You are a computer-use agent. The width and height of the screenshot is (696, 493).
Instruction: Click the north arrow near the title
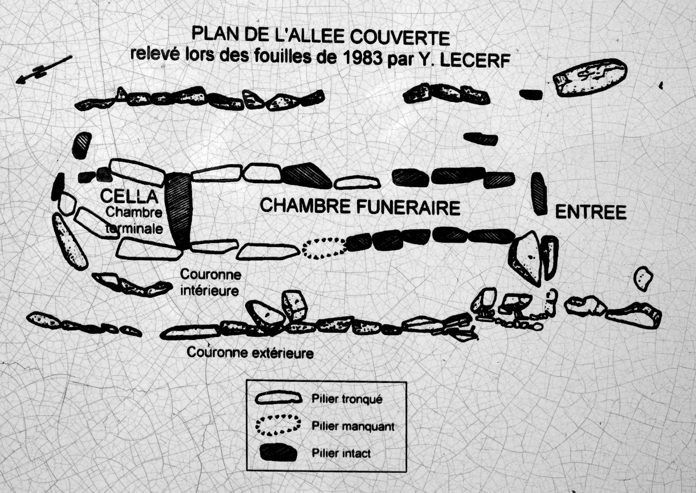[44, 69]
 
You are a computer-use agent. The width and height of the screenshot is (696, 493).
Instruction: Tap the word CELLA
[129, 196]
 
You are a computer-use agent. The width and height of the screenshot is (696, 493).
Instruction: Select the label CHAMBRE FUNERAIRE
[360, 207]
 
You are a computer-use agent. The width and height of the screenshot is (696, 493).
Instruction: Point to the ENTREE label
[590, 213]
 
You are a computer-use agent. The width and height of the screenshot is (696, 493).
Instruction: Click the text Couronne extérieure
[250, 353]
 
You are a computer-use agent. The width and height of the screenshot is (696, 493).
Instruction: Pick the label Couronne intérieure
[211, 282]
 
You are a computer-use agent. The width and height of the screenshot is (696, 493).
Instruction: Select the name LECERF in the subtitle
[475, 61]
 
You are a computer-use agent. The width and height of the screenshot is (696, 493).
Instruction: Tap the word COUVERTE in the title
[400, 38]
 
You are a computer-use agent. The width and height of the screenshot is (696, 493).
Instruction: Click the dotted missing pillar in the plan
[325, 248]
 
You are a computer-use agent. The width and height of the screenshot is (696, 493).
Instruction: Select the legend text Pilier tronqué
[347, 399]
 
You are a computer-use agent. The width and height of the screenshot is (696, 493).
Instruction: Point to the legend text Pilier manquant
[353, 426]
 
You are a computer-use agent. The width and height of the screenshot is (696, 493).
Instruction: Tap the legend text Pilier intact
[341, 453]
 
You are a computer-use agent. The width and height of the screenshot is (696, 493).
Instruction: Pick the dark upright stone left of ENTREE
[539, 193]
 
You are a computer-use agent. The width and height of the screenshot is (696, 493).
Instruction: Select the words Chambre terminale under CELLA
[134, 221]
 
